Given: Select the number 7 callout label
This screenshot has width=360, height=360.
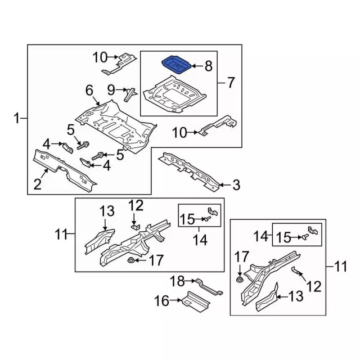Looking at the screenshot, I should point(230,83).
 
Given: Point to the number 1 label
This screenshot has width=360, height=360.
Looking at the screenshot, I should point(17,118).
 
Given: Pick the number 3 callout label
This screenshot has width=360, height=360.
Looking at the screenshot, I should point(236,184).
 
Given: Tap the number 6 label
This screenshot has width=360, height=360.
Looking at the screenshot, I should point(89,90).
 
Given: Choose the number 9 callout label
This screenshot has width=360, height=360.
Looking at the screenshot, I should point(111,89).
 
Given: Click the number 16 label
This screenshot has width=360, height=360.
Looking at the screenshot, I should point(161,301).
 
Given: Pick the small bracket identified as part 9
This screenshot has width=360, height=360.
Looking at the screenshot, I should point(130,93).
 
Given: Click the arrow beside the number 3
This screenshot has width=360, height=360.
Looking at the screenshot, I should point(224,184).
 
